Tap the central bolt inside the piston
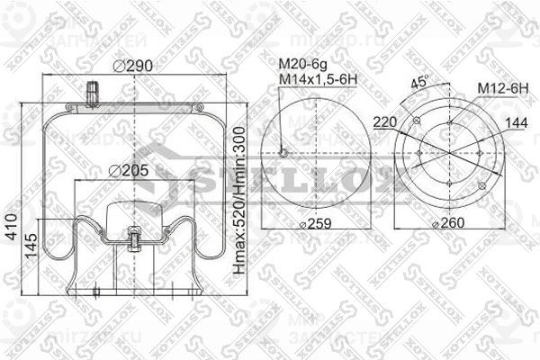coord(136,238)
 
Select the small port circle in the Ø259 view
coord(283,152)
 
